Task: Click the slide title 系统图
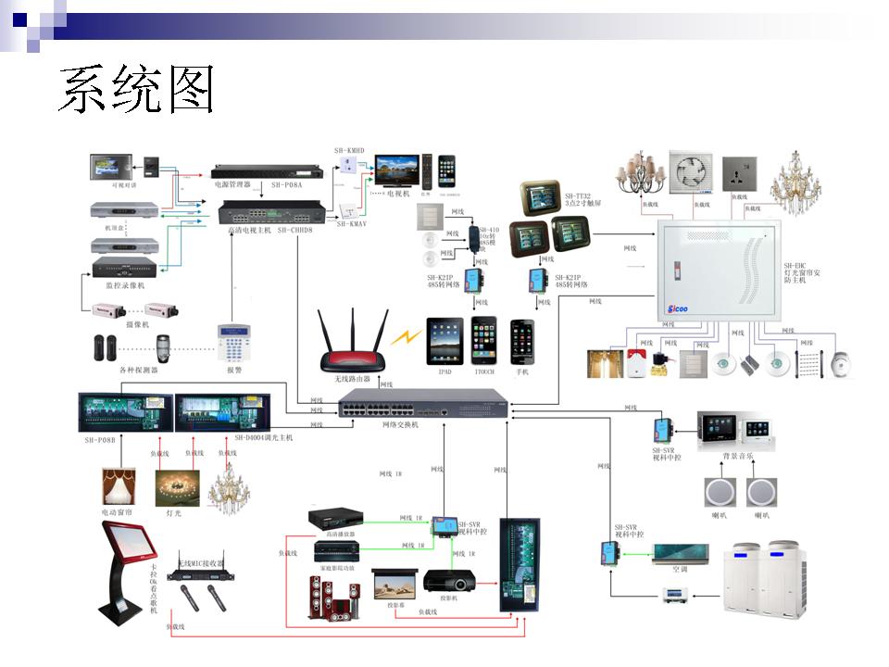coord(136,89)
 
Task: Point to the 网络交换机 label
coord(400,424)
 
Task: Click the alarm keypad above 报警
coord(233,343)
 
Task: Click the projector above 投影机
coord(450,580)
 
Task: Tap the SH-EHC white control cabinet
coord(719,270)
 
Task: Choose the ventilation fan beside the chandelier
coord(692,173)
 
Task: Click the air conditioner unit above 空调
coord(682,554)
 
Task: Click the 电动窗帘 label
coord(118,511)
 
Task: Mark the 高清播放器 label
coord(334,534)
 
